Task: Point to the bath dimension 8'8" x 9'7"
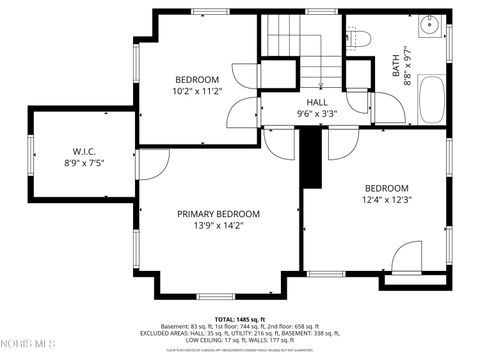[x=408, y=67]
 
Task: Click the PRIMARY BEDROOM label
[x=218, y=214]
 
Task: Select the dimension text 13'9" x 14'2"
[x=218, y=226]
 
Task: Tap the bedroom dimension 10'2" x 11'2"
[x=197, y=91]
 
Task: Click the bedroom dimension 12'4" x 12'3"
[x=386, y=200]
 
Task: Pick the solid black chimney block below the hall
[x=313, y=158]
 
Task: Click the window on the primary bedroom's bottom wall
[x=214, y=296]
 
